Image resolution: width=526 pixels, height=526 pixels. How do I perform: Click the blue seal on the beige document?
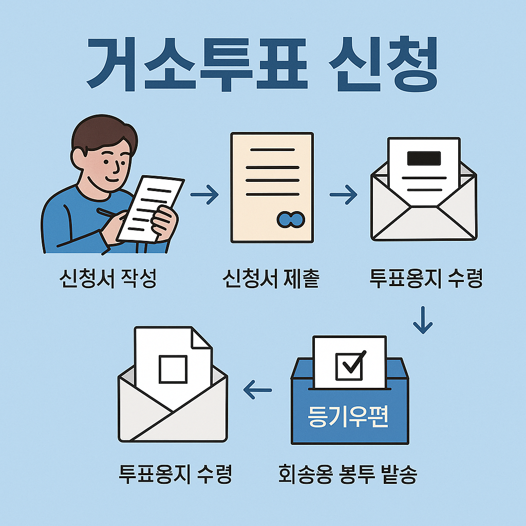coord(291,219)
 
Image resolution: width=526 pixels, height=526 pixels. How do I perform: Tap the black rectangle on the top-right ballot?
coord(424,158)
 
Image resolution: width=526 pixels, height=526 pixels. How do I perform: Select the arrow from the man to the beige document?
coord(204,195)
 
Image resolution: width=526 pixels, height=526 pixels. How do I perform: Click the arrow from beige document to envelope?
coord(343,195)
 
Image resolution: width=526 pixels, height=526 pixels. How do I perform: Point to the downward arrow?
coord(423,320)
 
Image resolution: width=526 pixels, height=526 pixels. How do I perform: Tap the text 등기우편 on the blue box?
coord(349,417)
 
